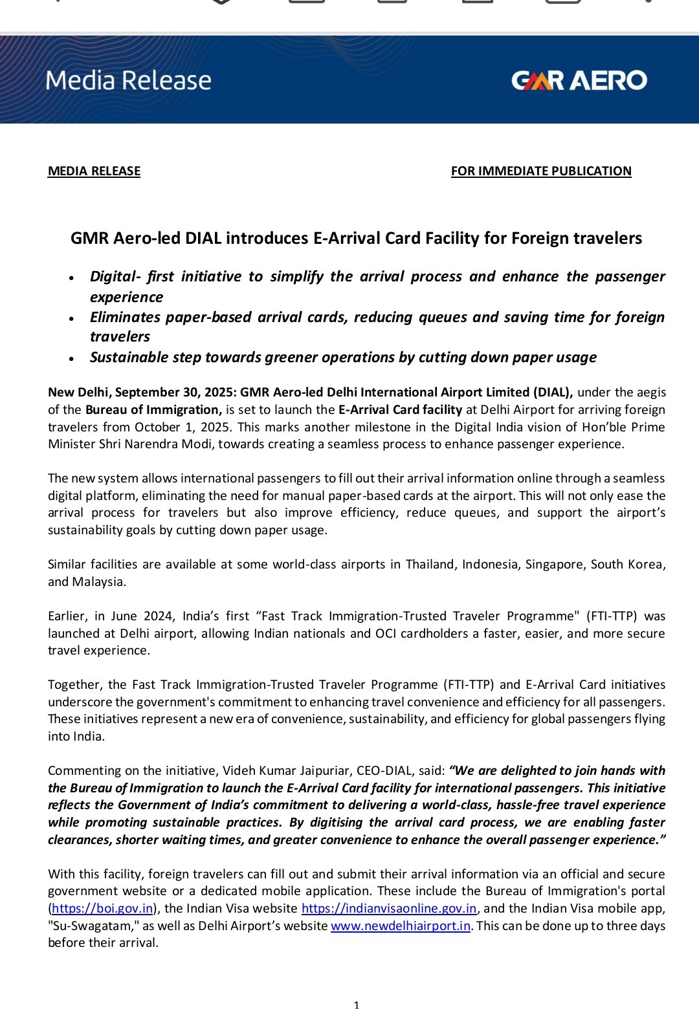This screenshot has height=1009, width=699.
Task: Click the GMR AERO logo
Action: tap(579, 80)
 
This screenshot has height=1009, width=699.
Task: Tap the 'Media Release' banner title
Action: tap(128, 80)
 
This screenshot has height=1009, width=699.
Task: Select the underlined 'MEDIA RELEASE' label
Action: tap(94, 171)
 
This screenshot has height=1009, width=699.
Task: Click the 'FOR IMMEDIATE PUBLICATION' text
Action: tap(541, 171)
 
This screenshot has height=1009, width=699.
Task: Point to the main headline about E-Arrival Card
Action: tap(356, 238)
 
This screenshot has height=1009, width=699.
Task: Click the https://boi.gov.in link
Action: tap(102, 908)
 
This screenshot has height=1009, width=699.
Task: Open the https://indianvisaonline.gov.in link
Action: tap(389, 908)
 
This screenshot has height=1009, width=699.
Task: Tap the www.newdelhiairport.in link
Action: tap(400, 926)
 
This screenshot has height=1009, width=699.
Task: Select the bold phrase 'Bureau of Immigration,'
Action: tap(153, 409)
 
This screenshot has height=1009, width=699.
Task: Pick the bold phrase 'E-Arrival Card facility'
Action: tap(400, 409)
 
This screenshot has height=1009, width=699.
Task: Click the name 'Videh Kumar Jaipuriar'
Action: tap(303, 770)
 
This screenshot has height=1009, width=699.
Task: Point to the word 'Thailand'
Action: tap(430, 564)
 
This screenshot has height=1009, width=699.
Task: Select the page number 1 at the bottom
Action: tap(357, 1004)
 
